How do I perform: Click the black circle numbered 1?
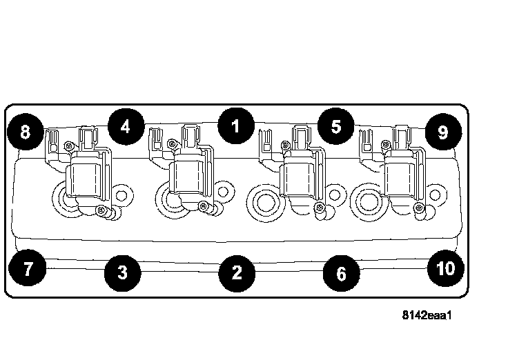coord(236,126)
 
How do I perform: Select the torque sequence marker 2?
coord(237,273)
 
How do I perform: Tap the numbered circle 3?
coord(122,272)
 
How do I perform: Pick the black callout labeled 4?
coord(126,127)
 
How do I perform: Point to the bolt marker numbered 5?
coord(335,126)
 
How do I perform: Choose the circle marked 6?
coord(341,273)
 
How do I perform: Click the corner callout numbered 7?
coord(27,268)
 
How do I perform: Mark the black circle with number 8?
coord(26,132)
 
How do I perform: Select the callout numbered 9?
coord(443,132)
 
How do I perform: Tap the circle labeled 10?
coord(446,268)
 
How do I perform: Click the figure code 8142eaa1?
coord(427,315)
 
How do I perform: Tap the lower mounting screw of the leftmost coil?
coord(101,211)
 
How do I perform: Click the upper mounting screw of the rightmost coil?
coord(386,144)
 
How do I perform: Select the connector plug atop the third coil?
coord(302,138)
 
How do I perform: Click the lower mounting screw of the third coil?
coord(320,207)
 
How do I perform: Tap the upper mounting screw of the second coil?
coord(172,143)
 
